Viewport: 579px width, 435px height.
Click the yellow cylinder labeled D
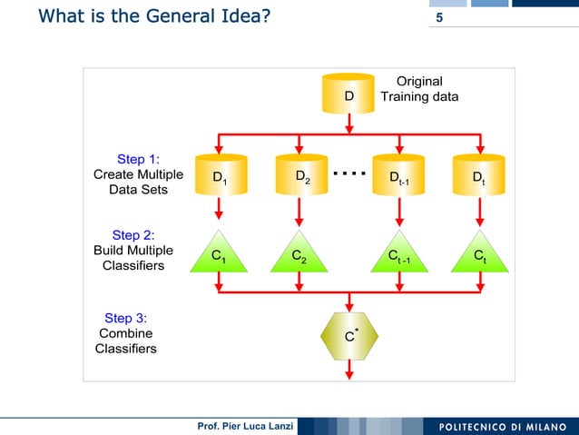(349, 94)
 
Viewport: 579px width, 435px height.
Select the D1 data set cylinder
(219, 176)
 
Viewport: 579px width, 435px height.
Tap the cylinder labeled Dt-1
(399, 176)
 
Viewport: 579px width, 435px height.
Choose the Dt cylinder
(478, 176)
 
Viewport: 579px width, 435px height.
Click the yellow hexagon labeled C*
(349, 336)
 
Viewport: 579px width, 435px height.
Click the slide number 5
(440, 19)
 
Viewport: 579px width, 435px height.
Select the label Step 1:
(139, 159)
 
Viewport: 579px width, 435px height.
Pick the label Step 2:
(132, 235)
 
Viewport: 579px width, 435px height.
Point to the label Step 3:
(126, 318)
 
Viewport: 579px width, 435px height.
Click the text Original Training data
(419, 89)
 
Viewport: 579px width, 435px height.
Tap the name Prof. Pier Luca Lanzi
(240, 427)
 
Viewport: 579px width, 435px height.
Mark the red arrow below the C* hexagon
(349, 370)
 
